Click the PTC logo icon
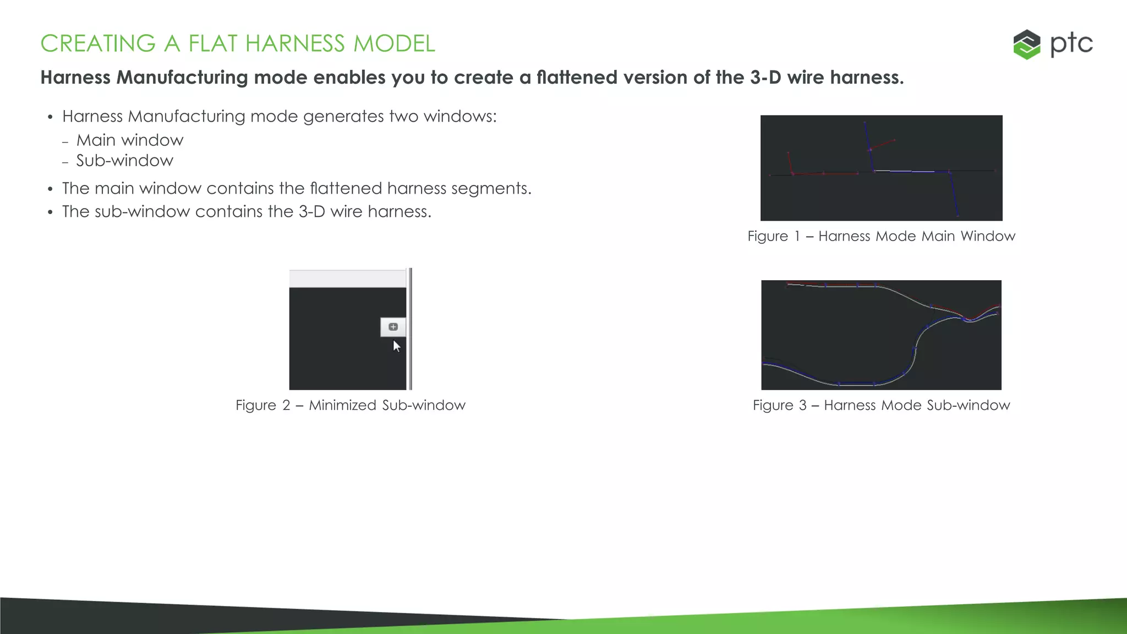pyautogui.click(x=1026, y=45)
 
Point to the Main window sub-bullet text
pyautogui.click(x=129, y=140)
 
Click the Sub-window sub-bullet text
pyautogui.click(x=124, y=161)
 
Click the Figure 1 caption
pyautogui.click(x=881, y=236)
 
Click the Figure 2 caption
pyautogui.click(x=350, y=405)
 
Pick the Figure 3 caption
pyautogui.click(x=881, y=405)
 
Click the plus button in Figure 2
pyautogui.click(x=393, y=327)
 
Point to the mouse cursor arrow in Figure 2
pyautogui.click(x=396, y=346)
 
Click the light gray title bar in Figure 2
pyautogui.click(x=347, y=278)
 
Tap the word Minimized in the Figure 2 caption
pyautogui.click(x=343, y=405)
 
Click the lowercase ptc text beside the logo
pyautogui.click(x=1071, y=44)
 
